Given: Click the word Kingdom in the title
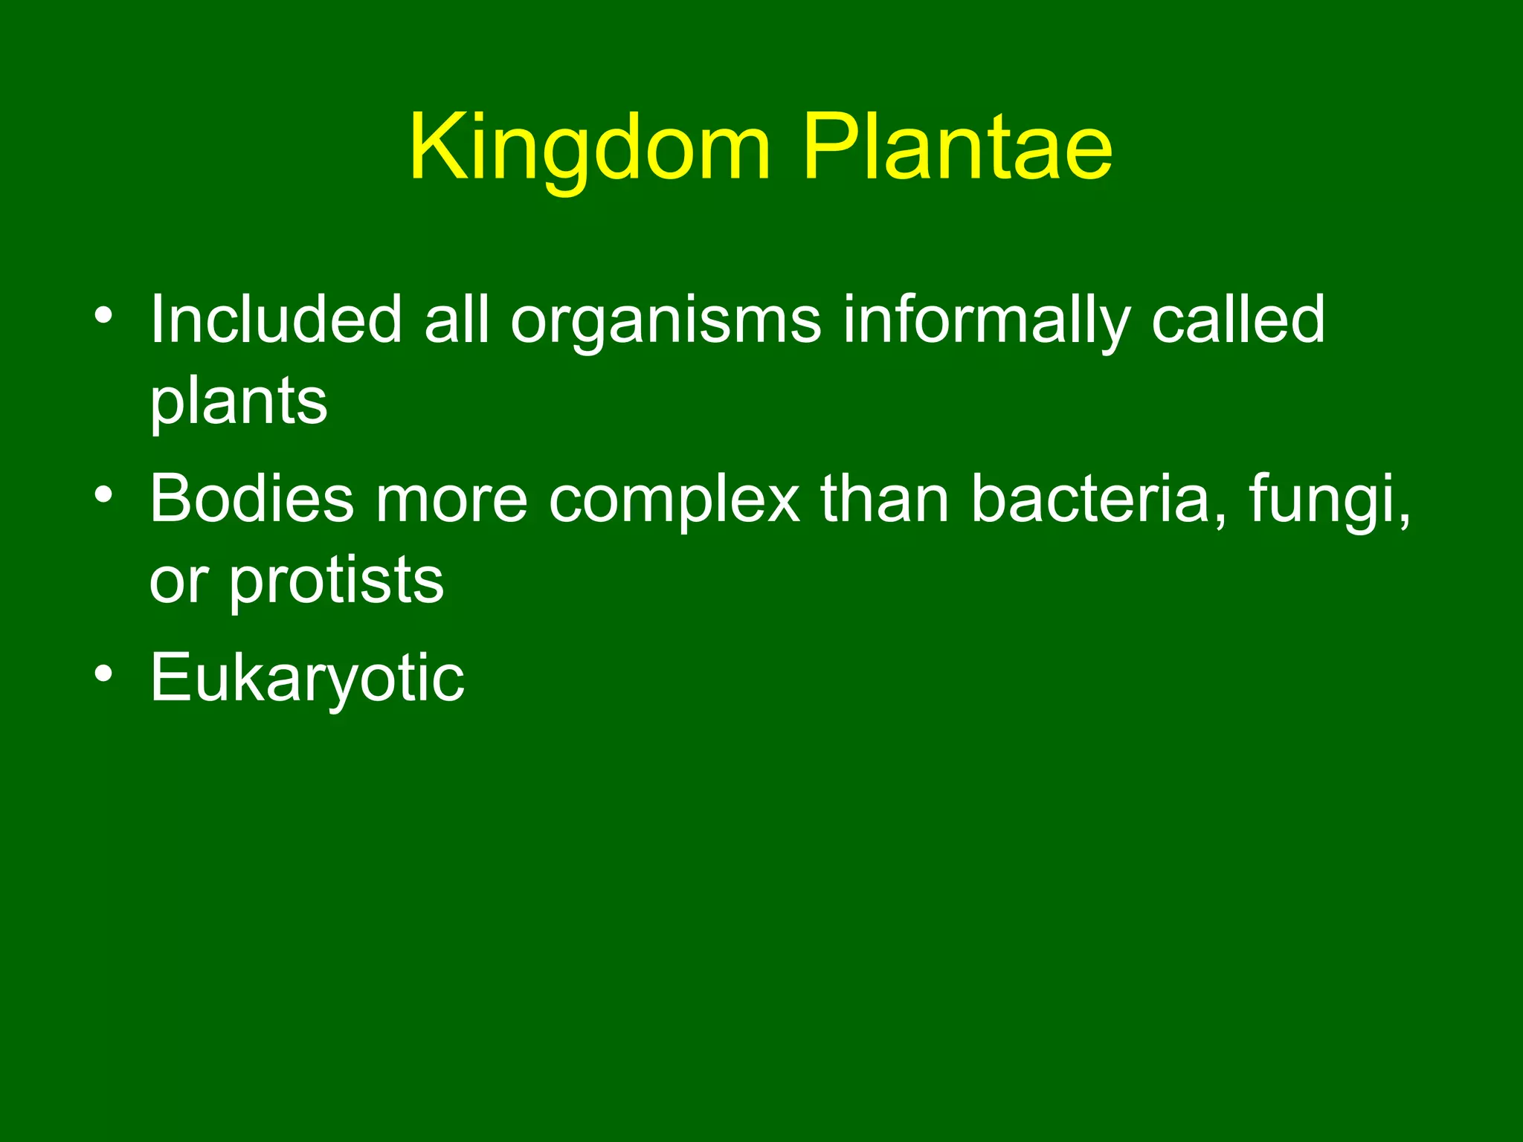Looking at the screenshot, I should pyautogui.click(x=590, y=149).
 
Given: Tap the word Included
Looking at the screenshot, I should pyautogui.click(x=276, y=320).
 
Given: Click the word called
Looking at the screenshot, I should pyautogui.click(x=1237, y=320).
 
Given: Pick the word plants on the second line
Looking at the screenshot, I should pyautogui.click(x=239, y=404).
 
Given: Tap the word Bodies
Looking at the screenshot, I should pyautogui.click(x=252, y=499).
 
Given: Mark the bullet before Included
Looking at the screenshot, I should pyautogui.click(x=104, y=316).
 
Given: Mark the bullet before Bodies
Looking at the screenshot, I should pyautogui.click(x=104, y=494).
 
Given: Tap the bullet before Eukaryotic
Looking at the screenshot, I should pyautogui.click(x=104, y=674).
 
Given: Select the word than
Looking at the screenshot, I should pyautogui.click(x=885, y=499).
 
